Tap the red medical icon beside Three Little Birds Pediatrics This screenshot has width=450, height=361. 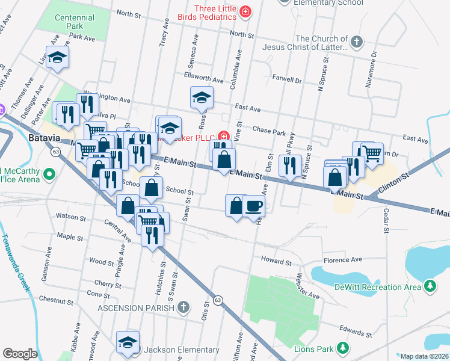tap(245, 11)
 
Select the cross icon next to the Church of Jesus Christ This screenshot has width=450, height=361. tap(356, 42)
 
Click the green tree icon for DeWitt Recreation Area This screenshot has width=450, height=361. tap(430, 286)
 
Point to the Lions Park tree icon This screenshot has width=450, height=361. tap(343, 348)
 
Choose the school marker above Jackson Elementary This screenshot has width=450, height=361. tap(128, 342)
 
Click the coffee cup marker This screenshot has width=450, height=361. tap(253, 206)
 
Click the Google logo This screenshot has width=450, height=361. tap(20, 354)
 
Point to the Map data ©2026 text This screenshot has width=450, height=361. tap(424, 356)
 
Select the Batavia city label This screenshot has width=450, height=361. tap(45, 138)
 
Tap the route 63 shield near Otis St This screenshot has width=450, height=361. tap(218, 299)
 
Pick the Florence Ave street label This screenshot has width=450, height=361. tap(343, 259)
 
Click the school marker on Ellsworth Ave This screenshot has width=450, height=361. tap(202, 97)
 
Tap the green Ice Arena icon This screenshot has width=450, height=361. tap(51, 176)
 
